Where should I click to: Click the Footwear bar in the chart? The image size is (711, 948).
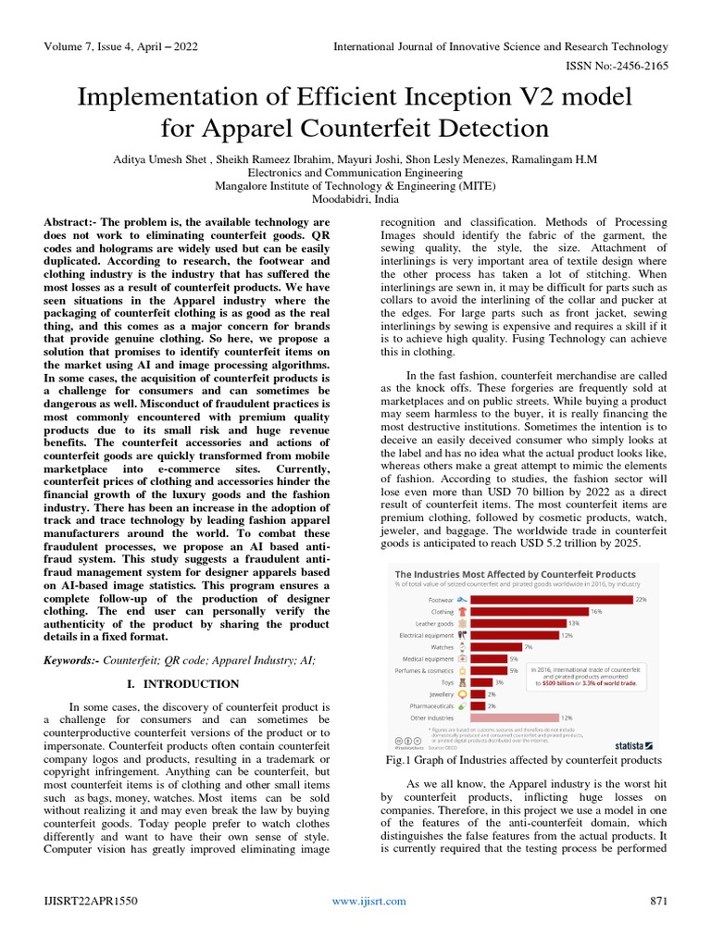pyautogui.click(x=550, y=600)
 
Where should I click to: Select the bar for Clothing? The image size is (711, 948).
pyautogui.click(x=529, y=612)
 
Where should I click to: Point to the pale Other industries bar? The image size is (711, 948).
pyautogui.click(x=514, y=717)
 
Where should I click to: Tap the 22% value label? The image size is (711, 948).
pyautogui.click(x=641, y=600)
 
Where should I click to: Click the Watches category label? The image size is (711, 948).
pyautogui.click(x=442, y=647)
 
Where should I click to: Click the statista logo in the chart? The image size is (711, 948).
pyautogui.click(x=635, y=743)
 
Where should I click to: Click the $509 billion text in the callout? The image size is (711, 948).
pyautogui.click(x=561, y=683)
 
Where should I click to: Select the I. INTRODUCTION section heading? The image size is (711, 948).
pyautogui.click(x=181, y=684)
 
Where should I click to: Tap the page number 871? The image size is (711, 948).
pyautogui.click(x=658, y=901)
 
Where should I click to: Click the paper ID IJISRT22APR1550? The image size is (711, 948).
pyautogui.click(x=89, y=901)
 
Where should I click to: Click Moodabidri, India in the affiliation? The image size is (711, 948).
pyautogui.click(x=355, y=199)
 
